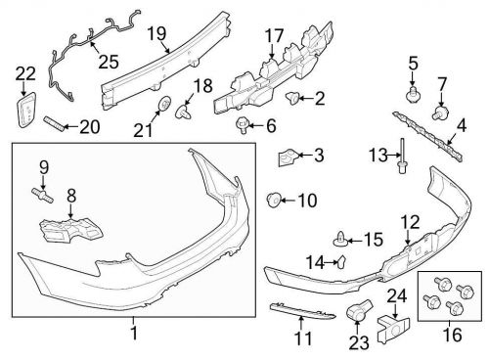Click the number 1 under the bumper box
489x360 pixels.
pyautogui.click(x=134, y=334)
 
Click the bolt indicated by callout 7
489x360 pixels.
pyautogui.click(x=440, y=114)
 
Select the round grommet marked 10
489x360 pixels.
pyautogui.click(x=275, y=202)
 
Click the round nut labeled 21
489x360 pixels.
pyautogui.click(x=165, y=105)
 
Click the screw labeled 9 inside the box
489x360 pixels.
pyautogui.click(x=42, y=191)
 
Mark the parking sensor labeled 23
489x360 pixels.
pyautogui.click(x=356, y=312)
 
